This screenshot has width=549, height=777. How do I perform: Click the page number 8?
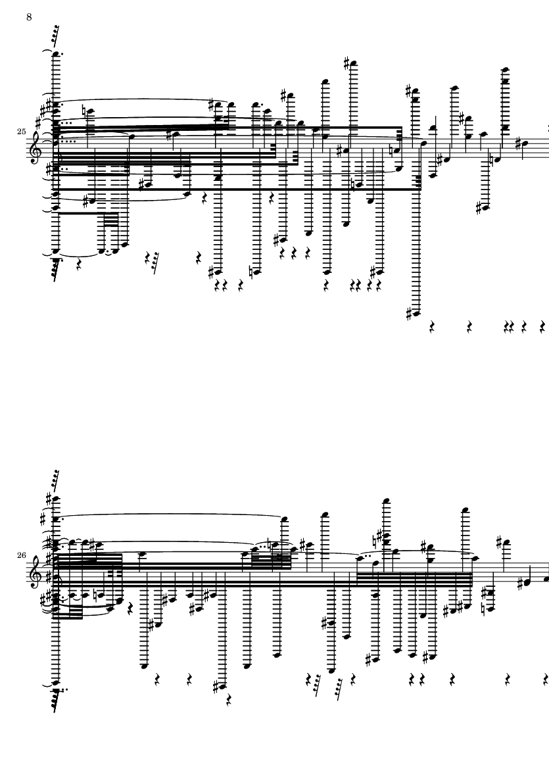[29, 16]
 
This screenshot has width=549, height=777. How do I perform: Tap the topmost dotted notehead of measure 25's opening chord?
[57, 54]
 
